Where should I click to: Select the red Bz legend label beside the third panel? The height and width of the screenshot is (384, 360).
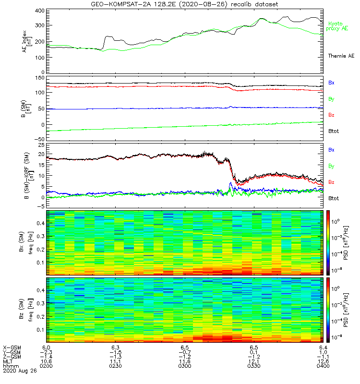(331, 182)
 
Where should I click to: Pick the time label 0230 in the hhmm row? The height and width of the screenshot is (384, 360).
(115, 367)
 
